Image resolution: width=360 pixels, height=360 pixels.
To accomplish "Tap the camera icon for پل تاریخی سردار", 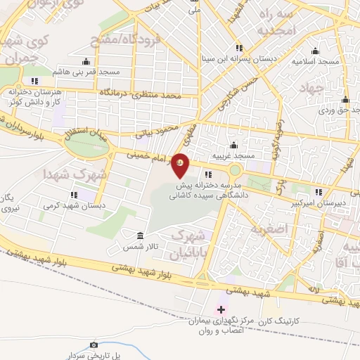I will (x=94, y=345).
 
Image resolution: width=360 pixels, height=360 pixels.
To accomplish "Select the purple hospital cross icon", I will (x=221, y=309).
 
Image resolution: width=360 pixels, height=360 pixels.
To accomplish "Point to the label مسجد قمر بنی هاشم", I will (x=90, y=72).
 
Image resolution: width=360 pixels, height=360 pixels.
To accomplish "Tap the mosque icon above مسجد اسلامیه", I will (x=314, y=50).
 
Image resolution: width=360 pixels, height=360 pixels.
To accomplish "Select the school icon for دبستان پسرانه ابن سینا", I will (x=239, y=48).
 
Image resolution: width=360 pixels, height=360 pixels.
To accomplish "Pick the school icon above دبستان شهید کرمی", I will (x=74, y=195).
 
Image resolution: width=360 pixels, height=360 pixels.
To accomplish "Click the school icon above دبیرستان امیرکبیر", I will (x=319, y=191).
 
